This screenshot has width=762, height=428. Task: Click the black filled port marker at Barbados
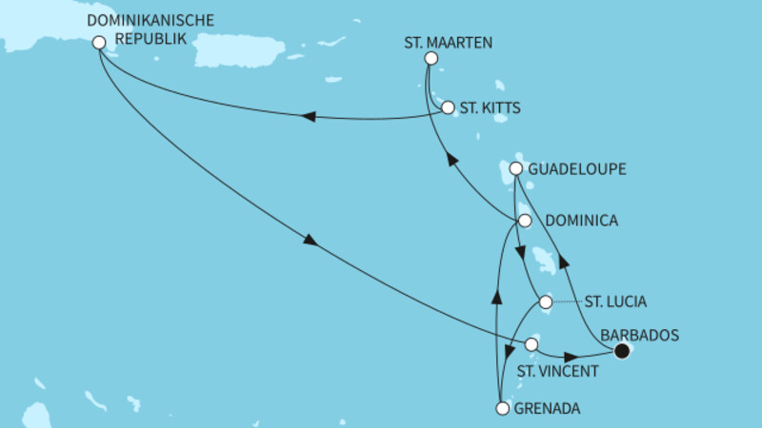622,351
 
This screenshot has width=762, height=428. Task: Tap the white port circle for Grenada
503,410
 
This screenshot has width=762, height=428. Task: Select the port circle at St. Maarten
430,58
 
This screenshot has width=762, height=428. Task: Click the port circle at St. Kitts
448,107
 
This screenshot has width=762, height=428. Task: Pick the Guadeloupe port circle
516,169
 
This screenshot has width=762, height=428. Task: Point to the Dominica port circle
523,221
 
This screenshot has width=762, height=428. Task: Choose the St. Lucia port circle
545,302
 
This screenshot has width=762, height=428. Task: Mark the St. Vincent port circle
531,344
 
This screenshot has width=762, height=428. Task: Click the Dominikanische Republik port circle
98,42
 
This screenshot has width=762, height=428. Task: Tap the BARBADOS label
638,335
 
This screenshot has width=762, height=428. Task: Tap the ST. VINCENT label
557,371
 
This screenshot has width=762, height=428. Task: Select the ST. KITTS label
490,107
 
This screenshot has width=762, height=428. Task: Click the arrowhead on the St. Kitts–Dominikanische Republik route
308,117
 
